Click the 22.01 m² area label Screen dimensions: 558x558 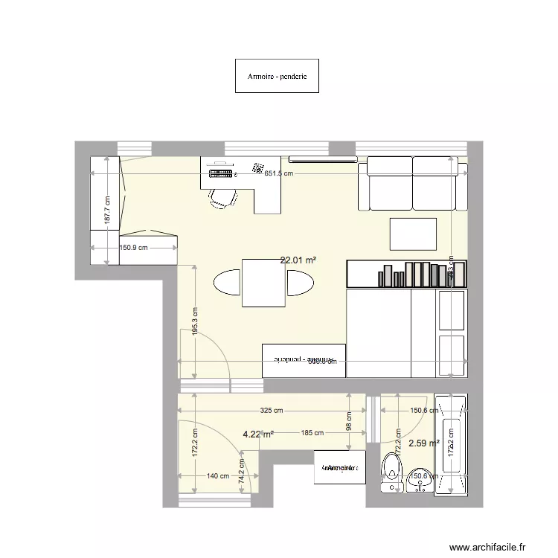[298, 260]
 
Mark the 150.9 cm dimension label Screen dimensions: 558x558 [135, 248]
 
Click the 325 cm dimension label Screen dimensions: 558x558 [272, 410]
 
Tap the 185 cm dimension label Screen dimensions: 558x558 [312, 433]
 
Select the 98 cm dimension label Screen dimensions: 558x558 [349, 421]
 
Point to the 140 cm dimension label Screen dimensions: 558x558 [218, 476]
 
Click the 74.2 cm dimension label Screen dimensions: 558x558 [242, 472]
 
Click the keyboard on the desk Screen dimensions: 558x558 [221, 174]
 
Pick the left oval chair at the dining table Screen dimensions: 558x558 [228, 283]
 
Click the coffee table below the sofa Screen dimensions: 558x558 [414, 233]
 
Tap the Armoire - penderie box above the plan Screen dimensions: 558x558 [277, 76]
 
